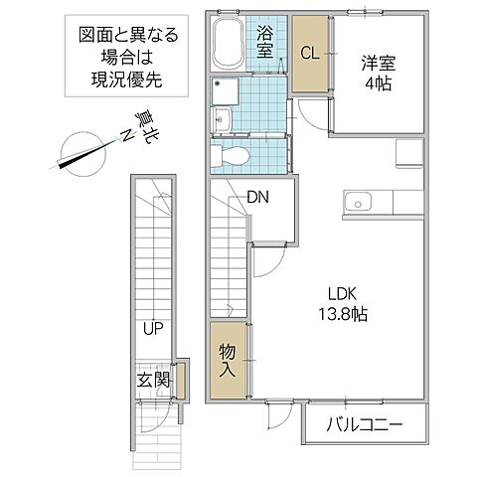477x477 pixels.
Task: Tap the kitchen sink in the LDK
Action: pyautogui.click(x=356, y=205)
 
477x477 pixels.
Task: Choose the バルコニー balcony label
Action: pyautogui.click(x=365, y=425)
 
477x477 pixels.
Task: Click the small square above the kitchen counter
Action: pyautogui.click(x=409, y=152)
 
